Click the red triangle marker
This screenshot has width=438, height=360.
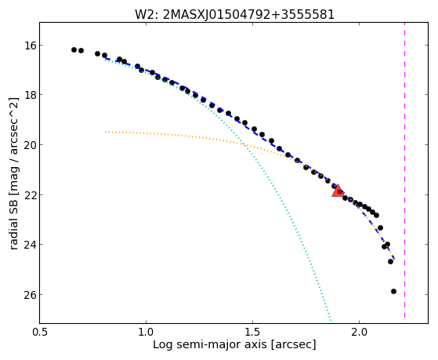(338, 191)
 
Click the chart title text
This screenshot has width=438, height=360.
(234, 15)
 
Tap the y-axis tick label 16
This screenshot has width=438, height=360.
(29, 45)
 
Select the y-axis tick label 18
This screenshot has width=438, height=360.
(29, 95)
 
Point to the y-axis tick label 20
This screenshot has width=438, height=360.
(29, 145)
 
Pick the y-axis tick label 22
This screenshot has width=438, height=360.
(29, 195)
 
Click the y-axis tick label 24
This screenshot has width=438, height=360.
(29, 245)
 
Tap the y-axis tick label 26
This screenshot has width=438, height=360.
(29, 295)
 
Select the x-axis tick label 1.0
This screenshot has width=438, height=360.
(146, 332)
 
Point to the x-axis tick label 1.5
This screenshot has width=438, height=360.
(252, 332)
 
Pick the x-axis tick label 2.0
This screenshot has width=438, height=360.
(359, 332)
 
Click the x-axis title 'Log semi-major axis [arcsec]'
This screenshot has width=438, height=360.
(234, 344)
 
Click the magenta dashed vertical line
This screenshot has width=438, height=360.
(405, 170)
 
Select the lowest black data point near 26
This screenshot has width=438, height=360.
(394, 292)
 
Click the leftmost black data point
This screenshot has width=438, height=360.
(74, 49)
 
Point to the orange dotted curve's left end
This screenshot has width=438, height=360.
(106, 132)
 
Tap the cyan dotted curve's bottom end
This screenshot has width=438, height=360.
(331, 320)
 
